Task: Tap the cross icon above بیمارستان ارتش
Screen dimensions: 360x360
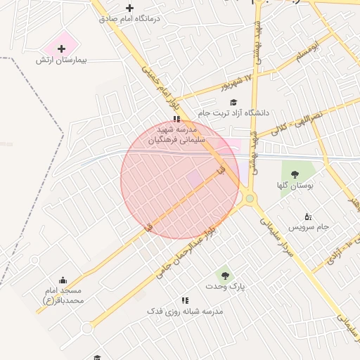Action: click(62, 49)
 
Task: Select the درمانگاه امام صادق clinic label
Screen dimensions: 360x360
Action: click(160, 19)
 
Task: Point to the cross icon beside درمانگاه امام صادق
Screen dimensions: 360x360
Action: click(130, 8)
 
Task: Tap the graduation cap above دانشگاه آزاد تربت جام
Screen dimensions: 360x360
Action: click(233, 103)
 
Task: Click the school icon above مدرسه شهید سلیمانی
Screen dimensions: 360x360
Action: click(176, 120)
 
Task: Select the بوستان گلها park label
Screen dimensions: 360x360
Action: click(295, 186)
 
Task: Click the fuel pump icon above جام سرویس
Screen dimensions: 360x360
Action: click(307, 216)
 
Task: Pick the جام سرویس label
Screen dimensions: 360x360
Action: click(313, 228)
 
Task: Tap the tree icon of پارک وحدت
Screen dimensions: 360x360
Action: click(224, 275)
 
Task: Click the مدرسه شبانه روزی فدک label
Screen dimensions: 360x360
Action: click(185, 311)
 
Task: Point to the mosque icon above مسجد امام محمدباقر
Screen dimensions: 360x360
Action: click(63, 280)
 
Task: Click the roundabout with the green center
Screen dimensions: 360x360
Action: click(250, 199)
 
